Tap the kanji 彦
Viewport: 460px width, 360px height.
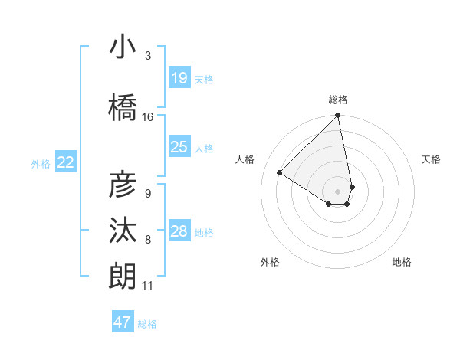123,185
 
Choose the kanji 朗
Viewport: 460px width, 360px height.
123,276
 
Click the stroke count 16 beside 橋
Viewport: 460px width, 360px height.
148,117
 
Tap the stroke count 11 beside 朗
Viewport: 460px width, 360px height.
148,286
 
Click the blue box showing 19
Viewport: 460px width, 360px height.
179,77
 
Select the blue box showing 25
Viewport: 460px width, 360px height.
179,147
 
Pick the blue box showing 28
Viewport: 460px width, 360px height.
179,231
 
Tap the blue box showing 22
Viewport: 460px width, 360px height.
66,162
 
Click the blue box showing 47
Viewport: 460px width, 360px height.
123,322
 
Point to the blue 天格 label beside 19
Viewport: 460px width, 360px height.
204,79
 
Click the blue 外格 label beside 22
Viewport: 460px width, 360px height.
41,163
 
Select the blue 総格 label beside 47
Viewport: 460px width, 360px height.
147,324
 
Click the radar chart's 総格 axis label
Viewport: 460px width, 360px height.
338,100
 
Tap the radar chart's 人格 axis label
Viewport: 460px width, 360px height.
245,159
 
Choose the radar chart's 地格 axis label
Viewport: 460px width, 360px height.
402,262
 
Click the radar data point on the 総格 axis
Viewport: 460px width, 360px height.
337,116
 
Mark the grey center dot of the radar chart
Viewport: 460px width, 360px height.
337,191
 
